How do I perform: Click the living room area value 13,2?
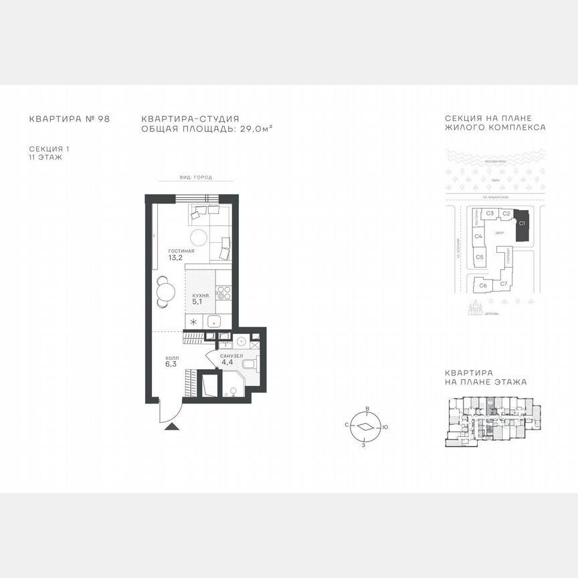(x=176, y=258)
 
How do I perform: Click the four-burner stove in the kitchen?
(x=224, y=292)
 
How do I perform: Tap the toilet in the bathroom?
(x=249, y=365)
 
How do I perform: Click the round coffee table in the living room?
(x=199, y=237)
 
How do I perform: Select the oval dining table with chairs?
(x=163, y=292)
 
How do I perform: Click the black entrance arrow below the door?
(x=172, y=425)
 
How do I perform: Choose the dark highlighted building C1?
(x=523, y=227)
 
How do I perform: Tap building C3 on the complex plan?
(x=490, y=213)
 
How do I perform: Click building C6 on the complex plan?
(x=483, y=285)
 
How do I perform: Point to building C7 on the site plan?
(x=504, y=284)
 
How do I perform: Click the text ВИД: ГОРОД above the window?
(x=195, y=177)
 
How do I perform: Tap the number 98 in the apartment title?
(x=103, y=118)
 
